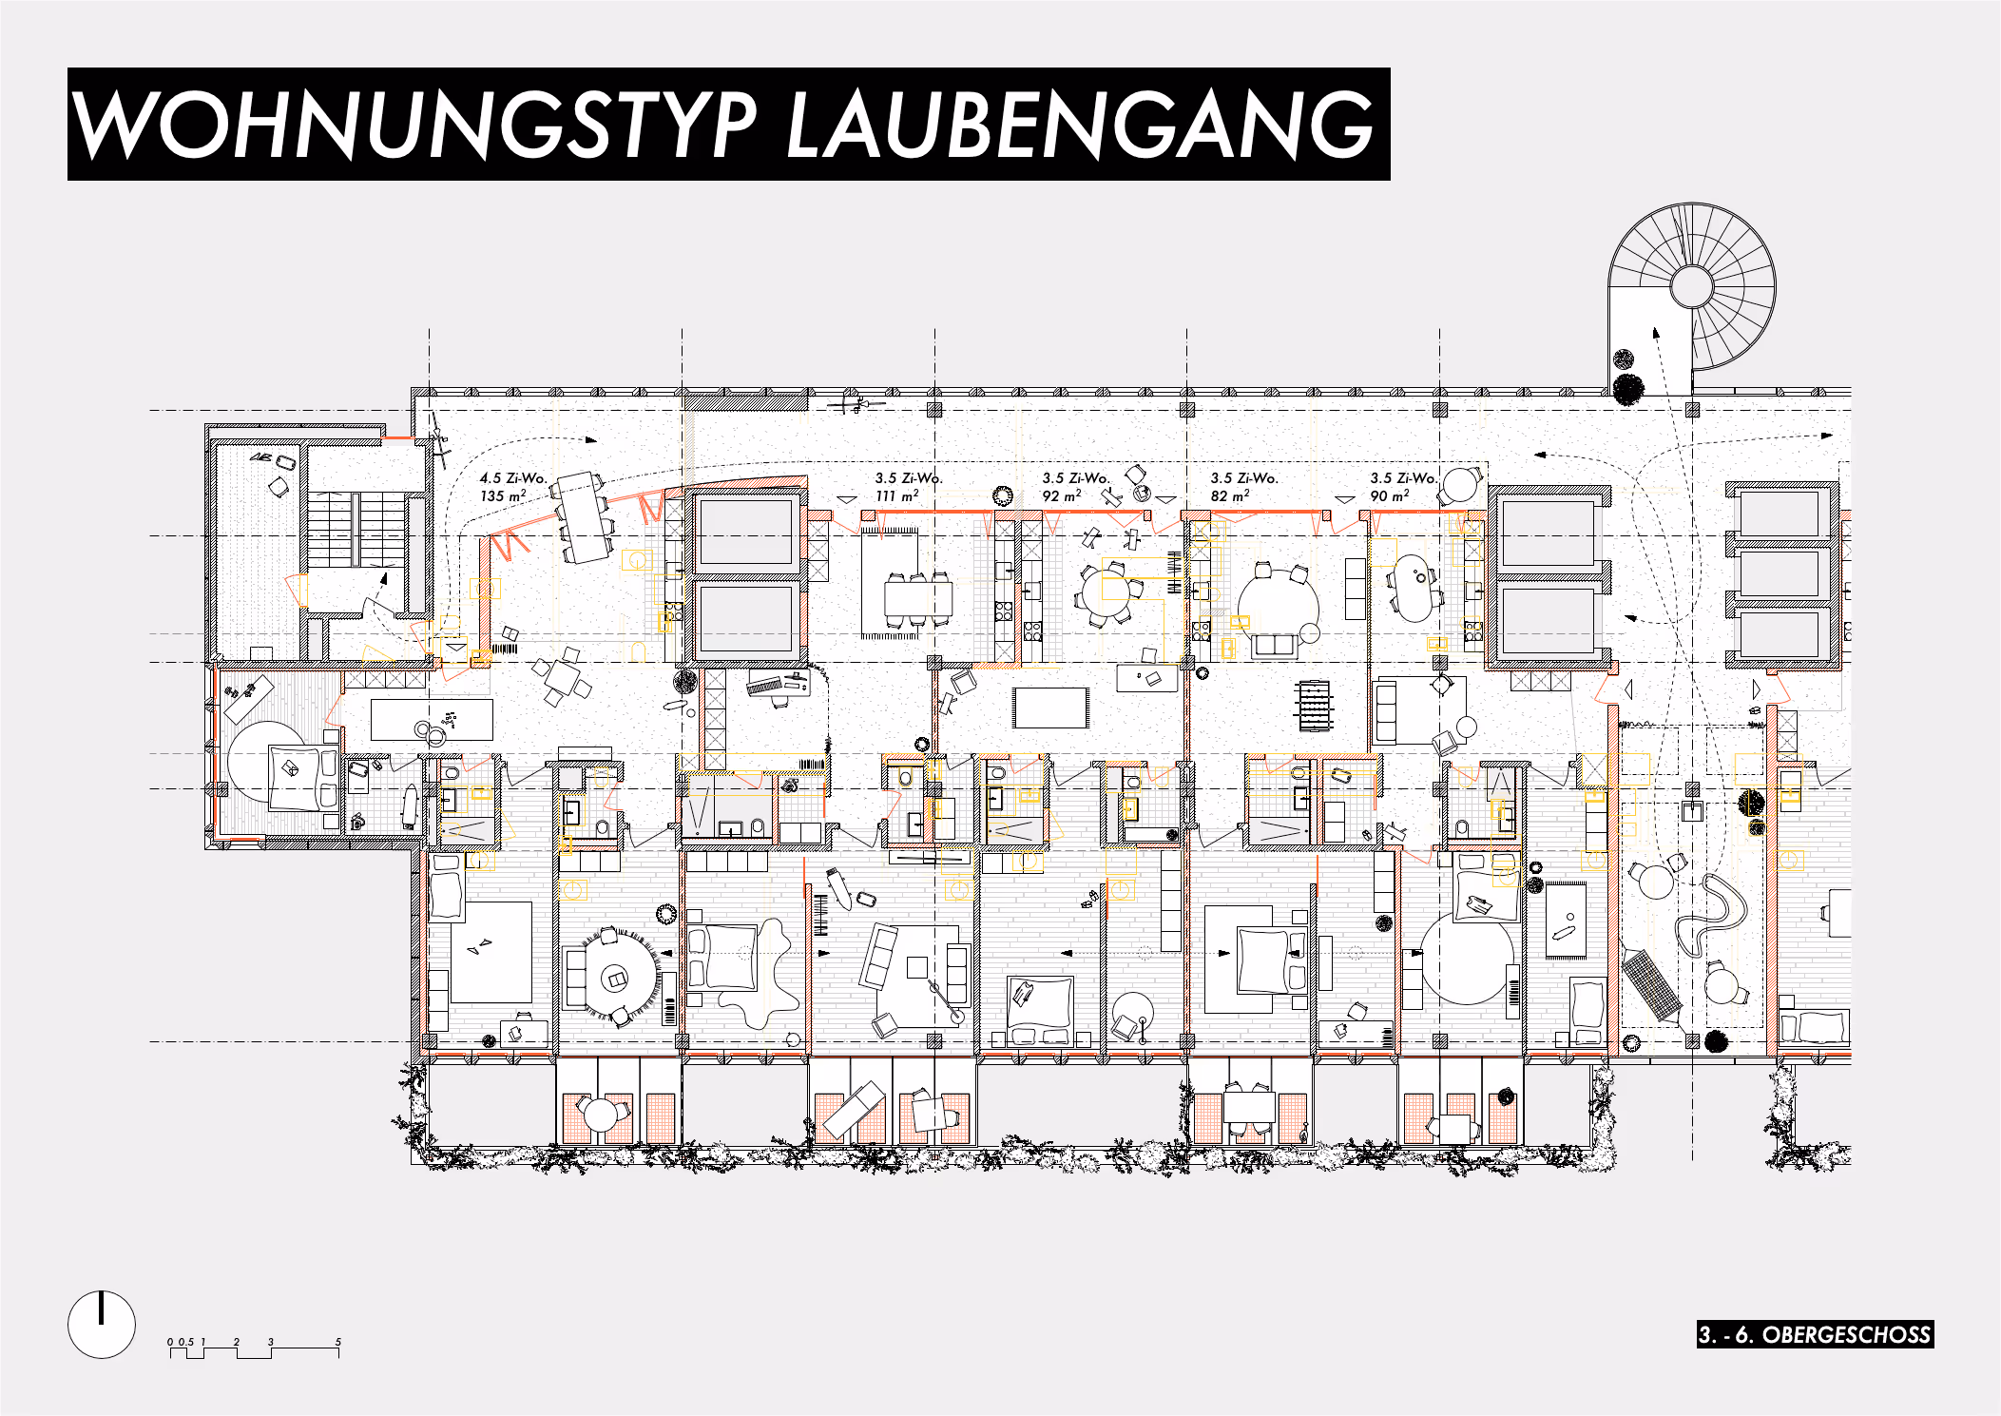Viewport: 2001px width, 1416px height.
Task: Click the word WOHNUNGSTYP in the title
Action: coord(414,125)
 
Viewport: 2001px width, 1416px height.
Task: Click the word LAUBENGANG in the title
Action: coord(1081,125)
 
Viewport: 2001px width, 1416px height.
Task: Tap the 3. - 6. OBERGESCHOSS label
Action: coord(1815,1334)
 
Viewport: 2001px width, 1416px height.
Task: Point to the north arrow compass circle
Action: coord(102,1324)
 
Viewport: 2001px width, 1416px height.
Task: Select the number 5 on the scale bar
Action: coord(337,1342)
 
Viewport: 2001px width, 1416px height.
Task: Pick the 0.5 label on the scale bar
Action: coord(185,1342)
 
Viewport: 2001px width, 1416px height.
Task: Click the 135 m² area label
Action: coord(502,496)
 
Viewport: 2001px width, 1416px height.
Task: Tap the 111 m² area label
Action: coord(896,496)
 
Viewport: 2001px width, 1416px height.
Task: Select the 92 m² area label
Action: coord(1061,496)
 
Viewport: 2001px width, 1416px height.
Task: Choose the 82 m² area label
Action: coord(1229,496)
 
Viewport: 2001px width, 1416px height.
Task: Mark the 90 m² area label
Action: coord(1389,496)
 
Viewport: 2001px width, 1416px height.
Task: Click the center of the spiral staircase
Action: coord(1691,286)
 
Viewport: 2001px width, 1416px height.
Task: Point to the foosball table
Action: coord(1315,705)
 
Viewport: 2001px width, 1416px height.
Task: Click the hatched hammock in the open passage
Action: coord(1652,984)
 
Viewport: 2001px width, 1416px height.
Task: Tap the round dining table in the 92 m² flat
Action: coord(1107,592)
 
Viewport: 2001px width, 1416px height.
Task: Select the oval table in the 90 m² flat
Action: coord(1414,588)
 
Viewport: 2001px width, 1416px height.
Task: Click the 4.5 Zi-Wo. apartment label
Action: coord(513,478)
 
